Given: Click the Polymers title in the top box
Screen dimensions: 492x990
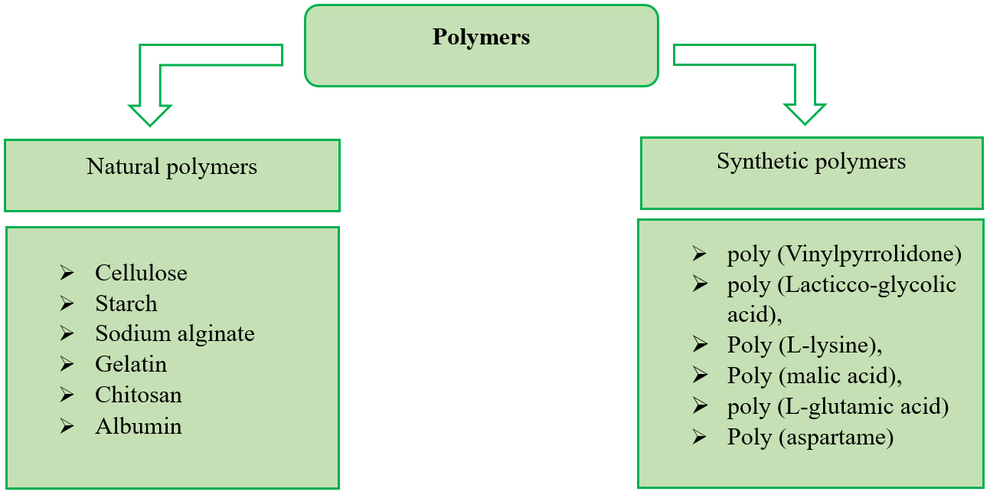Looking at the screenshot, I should coord(481,38).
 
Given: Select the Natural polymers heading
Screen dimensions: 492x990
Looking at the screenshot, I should coord(172,167).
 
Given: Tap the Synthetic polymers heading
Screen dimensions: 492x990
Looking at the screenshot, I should coord(811,162).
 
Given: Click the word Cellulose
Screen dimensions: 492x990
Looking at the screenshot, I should coord(141,273).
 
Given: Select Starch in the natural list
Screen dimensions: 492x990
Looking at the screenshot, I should coord(126,303).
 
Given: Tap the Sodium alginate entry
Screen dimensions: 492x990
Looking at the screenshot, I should coord(175,334).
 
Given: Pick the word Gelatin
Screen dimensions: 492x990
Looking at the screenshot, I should coord(131,365).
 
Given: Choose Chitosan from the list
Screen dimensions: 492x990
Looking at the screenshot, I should coord(139,395).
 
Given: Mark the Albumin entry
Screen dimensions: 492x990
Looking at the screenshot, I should coord(139,426).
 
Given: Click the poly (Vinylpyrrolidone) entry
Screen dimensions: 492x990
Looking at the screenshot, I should coord(844,254).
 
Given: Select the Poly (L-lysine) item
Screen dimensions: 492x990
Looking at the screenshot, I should coord(805,345).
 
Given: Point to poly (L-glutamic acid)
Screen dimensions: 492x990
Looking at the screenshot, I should coord(838,406).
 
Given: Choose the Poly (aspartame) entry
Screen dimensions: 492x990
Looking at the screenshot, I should coord(810,437).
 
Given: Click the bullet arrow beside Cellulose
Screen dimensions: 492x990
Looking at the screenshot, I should coord(67,273).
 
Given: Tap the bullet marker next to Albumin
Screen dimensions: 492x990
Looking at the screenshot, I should coord(67,426).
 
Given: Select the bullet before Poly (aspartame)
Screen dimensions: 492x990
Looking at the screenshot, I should coord(699,437).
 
